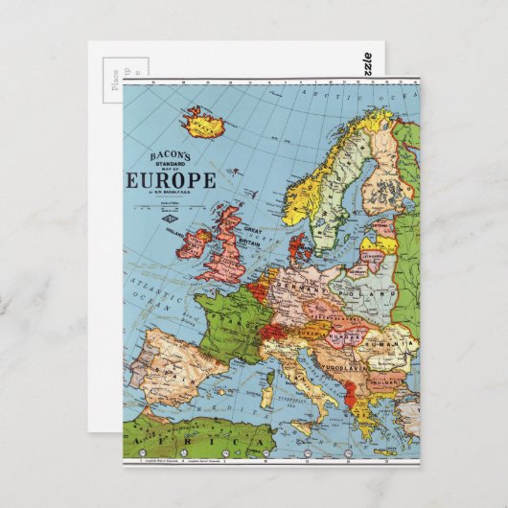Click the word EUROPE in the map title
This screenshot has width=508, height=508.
click(171, 180)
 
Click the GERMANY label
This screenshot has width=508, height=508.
click(307, 289)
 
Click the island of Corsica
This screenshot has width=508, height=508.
click(269, 369)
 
